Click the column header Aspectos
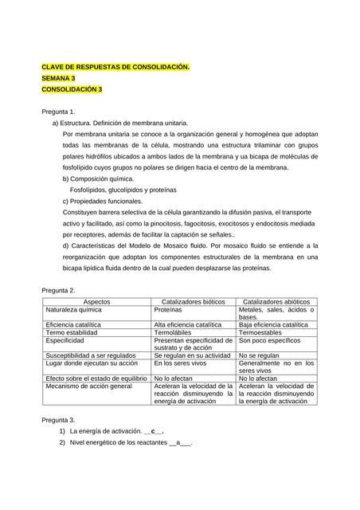click(97, 303)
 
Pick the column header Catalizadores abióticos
click(276, 303)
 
